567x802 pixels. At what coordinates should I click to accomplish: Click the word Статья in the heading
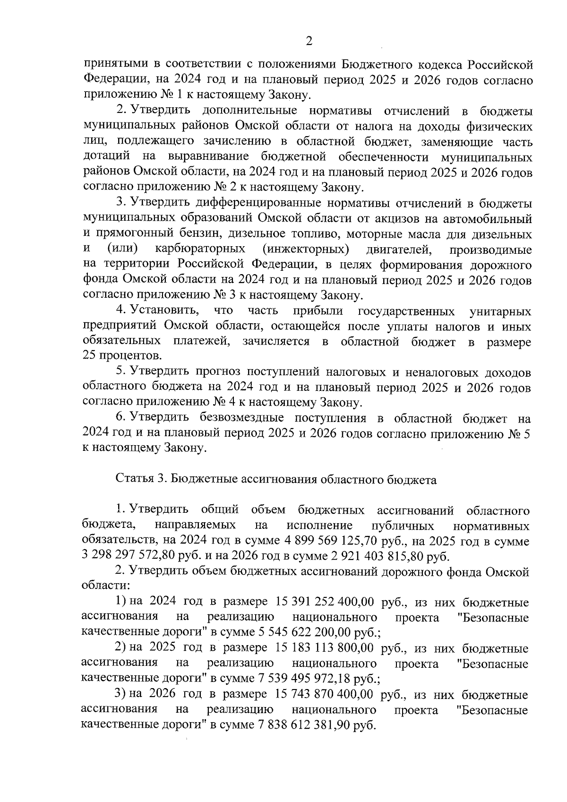pyautogui.click(x=132, y=480)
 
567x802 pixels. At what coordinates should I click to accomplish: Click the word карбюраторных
pyautogui.click(x=200, y=249)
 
